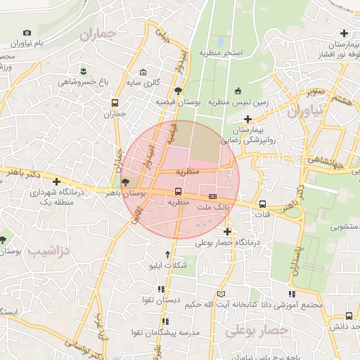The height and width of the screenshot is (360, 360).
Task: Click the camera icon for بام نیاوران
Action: pos(27,32)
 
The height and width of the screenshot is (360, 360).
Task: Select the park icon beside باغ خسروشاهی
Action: pos(84,72)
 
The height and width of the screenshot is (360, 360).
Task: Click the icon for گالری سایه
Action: pos(143,72)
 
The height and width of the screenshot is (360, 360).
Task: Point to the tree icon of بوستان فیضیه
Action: pos(178,91)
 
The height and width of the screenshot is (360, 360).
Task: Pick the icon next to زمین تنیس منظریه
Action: pos(238,91)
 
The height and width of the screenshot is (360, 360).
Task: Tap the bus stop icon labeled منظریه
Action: pos(178,191)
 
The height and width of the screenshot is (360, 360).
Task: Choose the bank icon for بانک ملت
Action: pos(212,196)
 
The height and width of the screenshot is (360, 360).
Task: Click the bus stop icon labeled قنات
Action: pos(262,205)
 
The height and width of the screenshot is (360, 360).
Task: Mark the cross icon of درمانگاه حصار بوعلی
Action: pos(227,231)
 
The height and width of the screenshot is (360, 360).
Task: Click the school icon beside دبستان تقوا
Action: pos(162,289)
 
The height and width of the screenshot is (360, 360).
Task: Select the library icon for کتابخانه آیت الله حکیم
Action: pos(222,294)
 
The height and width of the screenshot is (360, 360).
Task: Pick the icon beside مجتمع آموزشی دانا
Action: pos(292,294)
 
